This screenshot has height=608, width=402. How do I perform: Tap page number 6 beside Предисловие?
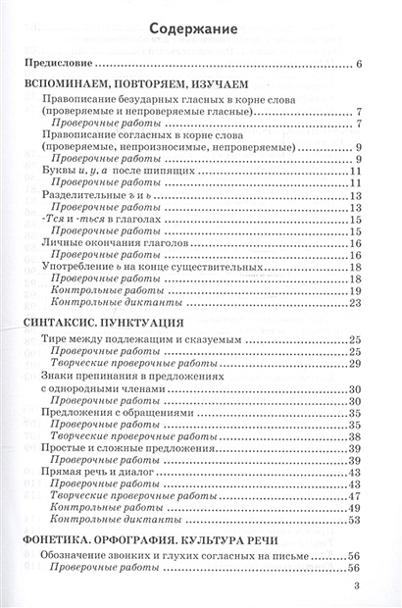click(x=360, y=65)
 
